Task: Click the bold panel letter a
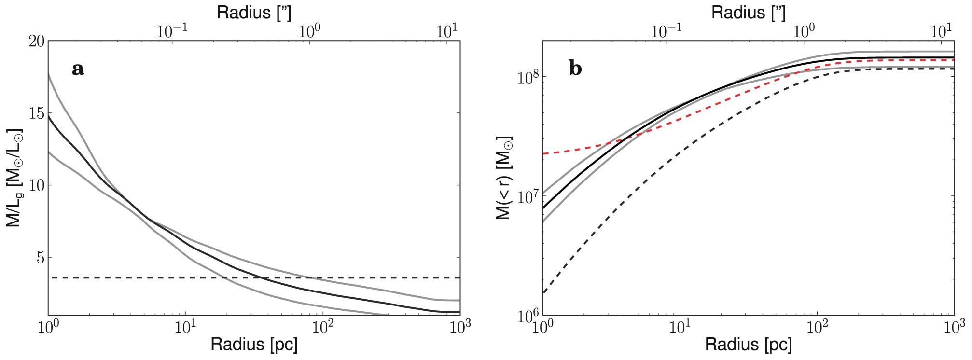point(78,69)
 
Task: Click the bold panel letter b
point(575,69)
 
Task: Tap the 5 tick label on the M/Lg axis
point(41,257)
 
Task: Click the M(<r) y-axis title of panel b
point(504,178)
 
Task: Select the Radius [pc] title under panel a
point(254,345)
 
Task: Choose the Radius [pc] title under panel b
point(748,345)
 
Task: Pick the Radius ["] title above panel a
point(254,13)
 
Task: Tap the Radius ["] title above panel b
point(748,13)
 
